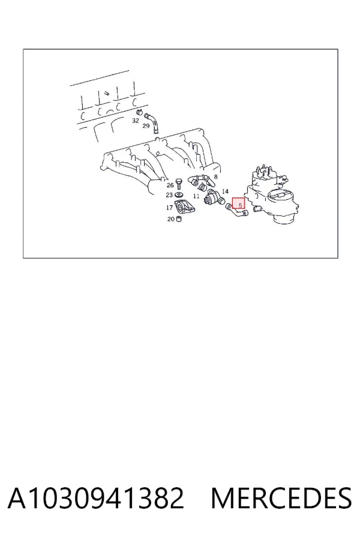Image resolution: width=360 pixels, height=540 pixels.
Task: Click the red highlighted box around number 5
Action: click(238, 203)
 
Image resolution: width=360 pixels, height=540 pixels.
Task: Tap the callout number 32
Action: click(136, 121)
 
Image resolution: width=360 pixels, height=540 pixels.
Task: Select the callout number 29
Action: click(146, 126)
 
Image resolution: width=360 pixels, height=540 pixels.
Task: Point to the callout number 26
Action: click(170, 185)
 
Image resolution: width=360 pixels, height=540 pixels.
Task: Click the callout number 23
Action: click(169, 195)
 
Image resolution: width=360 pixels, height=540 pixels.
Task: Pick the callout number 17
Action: click(169, 208)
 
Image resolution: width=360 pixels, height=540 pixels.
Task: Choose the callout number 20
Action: click(171, 219)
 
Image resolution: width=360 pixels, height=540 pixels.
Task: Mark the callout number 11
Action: click(196, 196)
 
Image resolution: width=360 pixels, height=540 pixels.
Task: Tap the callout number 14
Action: click(226, 191)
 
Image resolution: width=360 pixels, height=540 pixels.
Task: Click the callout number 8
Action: click(215, 177)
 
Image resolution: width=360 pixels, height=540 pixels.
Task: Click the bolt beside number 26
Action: click(178, 184)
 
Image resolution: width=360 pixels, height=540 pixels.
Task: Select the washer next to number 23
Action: click(178, 194)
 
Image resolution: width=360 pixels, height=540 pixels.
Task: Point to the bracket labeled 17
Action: click(184, 206)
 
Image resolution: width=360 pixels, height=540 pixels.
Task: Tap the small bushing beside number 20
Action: click(179, 218)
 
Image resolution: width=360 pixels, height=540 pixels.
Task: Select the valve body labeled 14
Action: click(213, 199)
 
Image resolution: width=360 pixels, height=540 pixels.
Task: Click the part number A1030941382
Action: click(95, 498)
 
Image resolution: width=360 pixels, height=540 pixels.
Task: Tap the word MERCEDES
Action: click(281, 498)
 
